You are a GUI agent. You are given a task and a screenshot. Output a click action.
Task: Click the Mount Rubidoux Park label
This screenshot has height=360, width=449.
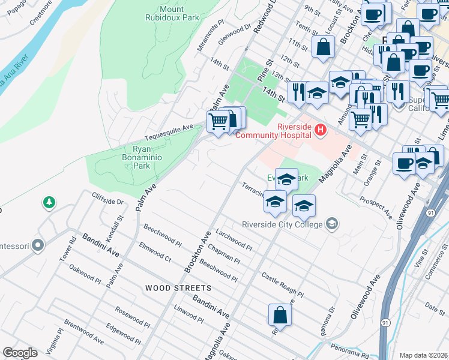tap(179, 13)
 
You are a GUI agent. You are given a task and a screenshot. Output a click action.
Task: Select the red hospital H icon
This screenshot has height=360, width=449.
tap(321, 129)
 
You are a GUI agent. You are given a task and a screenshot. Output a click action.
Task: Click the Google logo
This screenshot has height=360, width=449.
tap(20, 352)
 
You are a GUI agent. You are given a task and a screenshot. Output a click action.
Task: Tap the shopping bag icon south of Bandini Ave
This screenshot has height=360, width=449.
tap(280, 314)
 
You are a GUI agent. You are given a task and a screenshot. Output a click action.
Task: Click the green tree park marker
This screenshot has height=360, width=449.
tap(49, 203)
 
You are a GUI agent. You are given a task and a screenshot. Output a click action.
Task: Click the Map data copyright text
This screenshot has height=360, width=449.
tap(424, 355)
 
